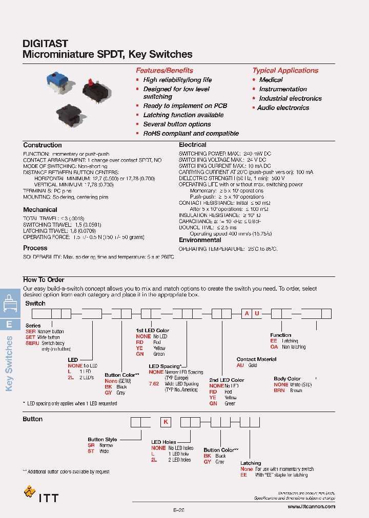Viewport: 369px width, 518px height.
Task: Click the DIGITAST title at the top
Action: click(x=46, y=44)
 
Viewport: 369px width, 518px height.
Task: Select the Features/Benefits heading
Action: click(x=164, y=71)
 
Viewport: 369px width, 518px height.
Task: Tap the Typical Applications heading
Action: click(x=285, y=71)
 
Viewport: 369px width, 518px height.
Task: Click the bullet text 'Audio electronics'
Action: click(x=283, y=108)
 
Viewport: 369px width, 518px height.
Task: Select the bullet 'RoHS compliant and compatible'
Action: click(x=191, y=134)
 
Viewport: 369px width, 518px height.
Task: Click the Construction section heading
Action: click(x=43, y=145)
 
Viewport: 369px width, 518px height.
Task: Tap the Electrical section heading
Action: click(x=192, y=145)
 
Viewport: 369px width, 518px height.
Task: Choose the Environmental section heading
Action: click(x=200, y=240)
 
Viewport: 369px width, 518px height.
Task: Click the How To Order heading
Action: click(x=44, y=279)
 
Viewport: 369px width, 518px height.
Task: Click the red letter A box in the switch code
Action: click(x=247, y=314)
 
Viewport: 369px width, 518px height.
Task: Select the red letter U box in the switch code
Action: click(x=257, y=314)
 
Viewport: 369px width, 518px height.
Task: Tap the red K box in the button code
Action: click(x=166, y=422)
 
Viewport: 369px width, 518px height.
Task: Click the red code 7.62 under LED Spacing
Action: click(x=154, y=384)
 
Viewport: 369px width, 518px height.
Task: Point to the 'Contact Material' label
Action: click(x=256, y=359)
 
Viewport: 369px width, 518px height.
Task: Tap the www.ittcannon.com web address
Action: click(x=311, y=506)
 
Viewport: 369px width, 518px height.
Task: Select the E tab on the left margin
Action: click(x=9, y=324)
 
